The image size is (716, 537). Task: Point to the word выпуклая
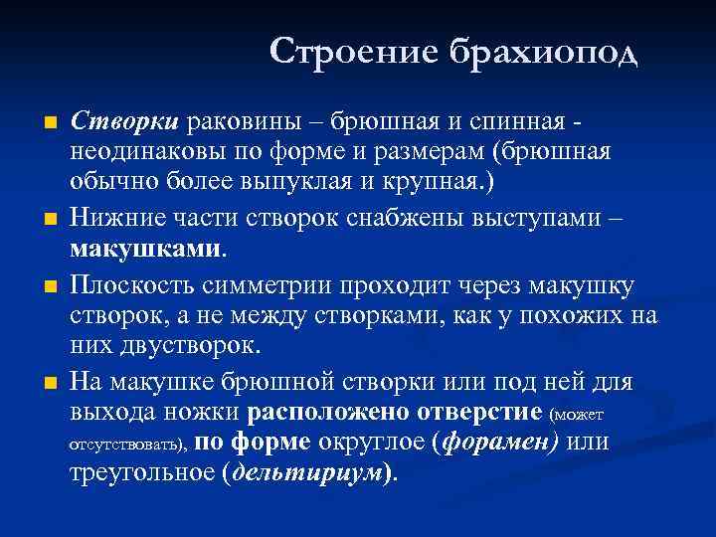pos(310,183)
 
